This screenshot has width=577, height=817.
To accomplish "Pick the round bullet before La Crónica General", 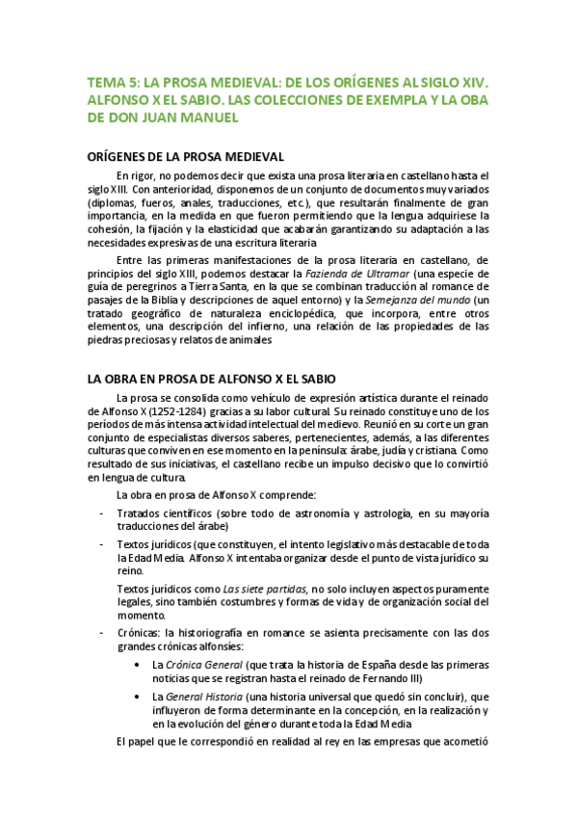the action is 141,666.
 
